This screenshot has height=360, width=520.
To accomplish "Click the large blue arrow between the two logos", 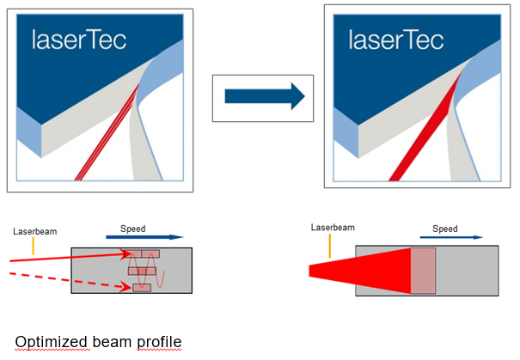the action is (265, 96).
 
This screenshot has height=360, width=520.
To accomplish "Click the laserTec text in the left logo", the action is (79, 40).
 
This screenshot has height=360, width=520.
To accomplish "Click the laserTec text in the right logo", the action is (396, 40).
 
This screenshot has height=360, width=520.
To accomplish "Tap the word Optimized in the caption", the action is (52, 342).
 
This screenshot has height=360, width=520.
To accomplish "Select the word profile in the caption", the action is (159, 342).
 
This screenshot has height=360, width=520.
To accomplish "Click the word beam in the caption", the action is (113, 341).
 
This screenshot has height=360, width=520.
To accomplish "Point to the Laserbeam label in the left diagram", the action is (35, 231).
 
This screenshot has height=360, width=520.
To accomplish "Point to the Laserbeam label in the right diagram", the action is (333, 228).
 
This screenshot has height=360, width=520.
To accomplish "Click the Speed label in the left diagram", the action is (132, 229).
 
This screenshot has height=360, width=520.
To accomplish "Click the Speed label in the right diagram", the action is (444, 229).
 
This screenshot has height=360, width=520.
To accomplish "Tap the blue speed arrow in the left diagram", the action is (144, 237).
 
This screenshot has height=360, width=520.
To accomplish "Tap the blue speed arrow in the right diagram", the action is (451, 237).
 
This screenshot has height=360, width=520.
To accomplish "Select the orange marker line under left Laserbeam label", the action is (34, 246).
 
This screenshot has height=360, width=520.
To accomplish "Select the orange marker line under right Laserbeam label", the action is (330, 246).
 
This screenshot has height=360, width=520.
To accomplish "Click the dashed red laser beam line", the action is (70, 281).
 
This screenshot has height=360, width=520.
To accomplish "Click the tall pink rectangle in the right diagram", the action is (423, 271).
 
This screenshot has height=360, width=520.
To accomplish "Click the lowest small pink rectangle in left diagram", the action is (142, 288).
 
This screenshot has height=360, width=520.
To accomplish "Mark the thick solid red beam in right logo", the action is (425, 129).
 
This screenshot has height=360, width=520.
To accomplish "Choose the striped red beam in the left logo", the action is (107, 132).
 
